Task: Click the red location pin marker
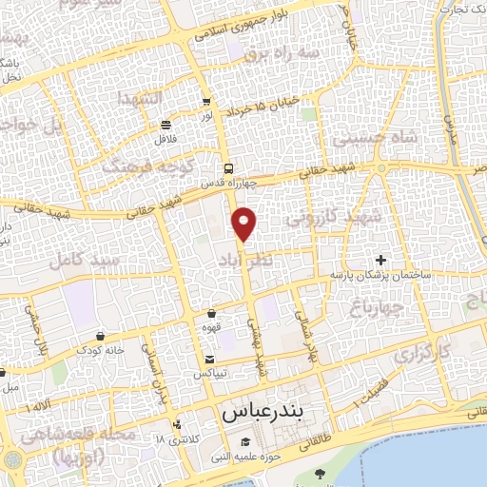coord(244,224)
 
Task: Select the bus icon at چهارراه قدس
coord(226,168)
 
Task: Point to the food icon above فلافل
coord(166,124)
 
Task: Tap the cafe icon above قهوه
coord(211,314)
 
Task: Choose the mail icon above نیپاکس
coord(209,359)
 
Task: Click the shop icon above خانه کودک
coord(101,336)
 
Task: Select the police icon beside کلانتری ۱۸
coord(176,424)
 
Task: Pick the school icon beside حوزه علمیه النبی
coord(245,441)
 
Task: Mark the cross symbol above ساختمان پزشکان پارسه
coord(380,260)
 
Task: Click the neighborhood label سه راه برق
coord(282,54)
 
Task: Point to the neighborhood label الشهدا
coord(139,99)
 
